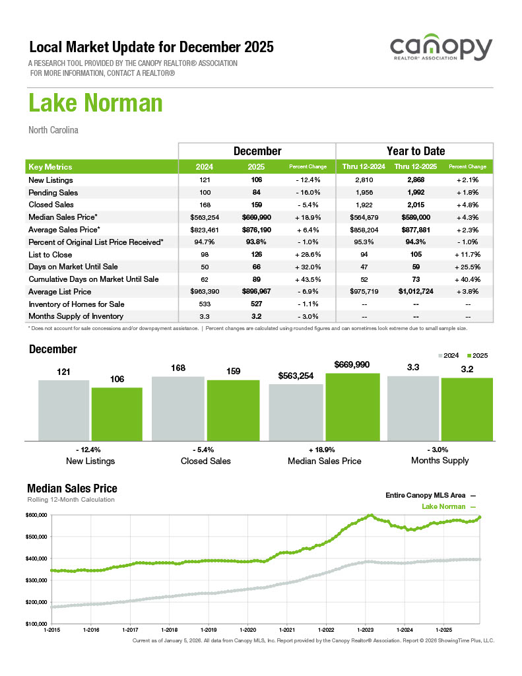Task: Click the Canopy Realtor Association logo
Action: (x=440, y=50)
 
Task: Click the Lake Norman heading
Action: (x=96, y=104)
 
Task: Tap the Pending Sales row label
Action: (x=53, y=192)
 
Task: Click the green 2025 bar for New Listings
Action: (x=117, y=414)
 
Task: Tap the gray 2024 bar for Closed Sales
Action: (x=178, y=409)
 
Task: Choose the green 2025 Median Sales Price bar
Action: (x=352, y=407)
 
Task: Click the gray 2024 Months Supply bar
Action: (x=412, y=409)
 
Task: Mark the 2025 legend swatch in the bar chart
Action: (x=470, y=355)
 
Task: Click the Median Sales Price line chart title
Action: (x=72, y=489)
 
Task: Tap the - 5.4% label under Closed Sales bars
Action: (x=205, y=449)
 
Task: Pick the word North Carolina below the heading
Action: (x=53, y=130)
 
